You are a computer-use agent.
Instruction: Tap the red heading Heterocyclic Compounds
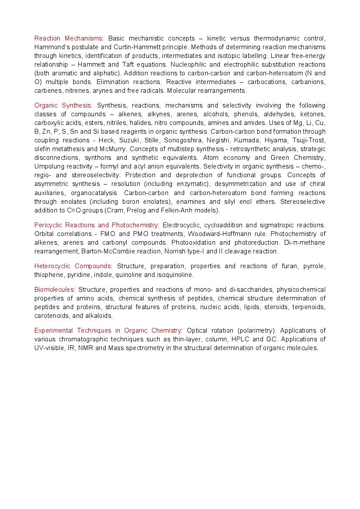[x=73, y=266]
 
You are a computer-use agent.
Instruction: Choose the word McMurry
[x=115, y=149]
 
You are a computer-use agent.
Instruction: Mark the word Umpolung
[x=50, y=166]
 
